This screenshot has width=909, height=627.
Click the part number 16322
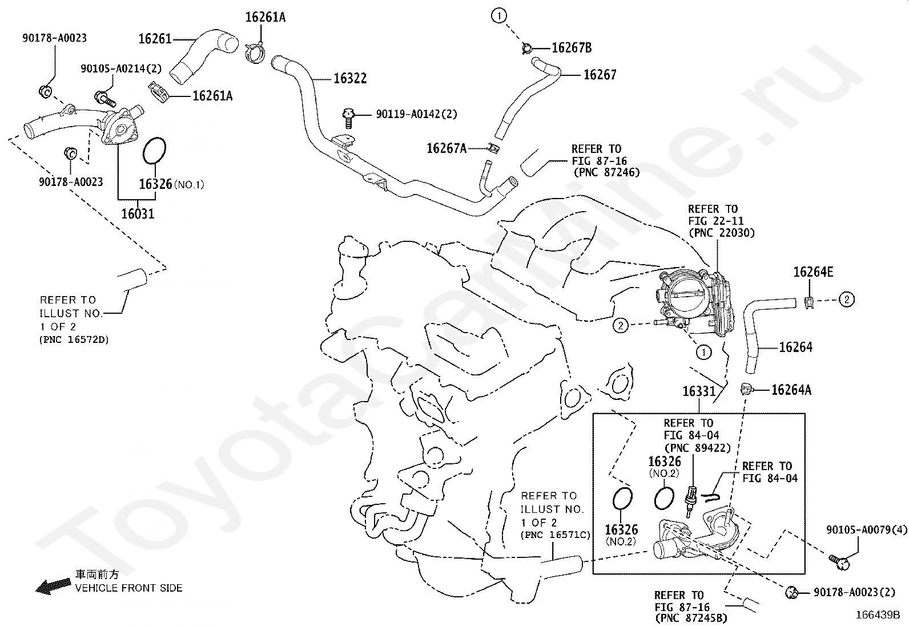click(350, 78)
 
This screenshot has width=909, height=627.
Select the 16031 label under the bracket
click(138, 214)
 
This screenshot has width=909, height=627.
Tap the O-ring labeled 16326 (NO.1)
click(155, 151)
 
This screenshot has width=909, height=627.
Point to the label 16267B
click(572, 48)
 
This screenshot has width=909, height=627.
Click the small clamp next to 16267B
click(527, 48)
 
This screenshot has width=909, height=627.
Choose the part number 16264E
click(813, 272)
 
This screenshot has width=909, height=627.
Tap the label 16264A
click(791, 390)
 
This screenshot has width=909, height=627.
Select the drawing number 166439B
click(878, 615)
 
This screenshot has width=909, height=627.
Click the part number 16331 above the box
click(699, 391)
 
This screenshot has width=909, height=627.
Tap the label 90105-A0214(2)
click(121, 68)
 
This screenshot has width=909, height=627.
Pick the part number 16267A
click(447, 148)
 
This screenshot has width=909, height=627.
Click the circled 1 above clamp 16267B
click(498, 16)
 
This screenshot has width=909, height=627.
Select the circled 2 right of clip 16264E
click(847, 300)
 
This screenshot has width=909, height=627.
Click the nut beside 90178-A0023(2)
click(791, 593)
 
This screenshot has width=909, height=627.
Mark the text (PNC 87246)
click(607, 172)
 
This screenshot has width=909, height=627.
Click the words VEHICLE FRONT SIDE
click(128, 588)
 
